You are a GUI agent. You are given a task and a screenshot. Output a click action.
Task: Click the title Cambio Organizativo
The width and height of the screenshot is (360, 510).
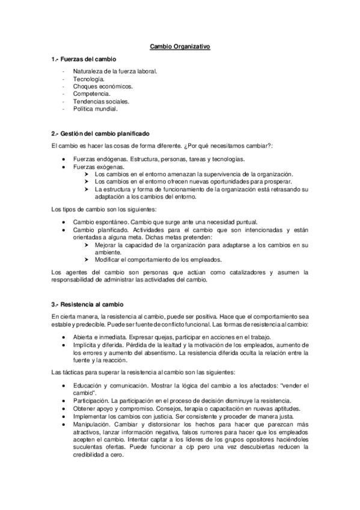pos(180,46)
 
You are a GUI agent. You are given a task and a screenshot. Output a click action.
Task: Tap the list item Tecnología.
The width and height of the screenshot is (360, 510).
pos(88,79)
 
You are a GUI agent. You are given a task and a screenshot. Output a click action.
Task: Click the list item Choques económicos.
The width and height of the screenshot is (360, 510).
pos(103,87)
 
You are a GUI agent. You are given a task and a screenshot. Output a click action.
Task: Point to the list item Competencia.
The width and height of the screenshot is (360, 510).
pos(91,94)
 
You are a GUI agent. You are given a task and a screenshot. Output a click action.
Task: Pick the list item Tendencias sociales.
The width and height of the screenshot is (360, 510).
pos(101,102)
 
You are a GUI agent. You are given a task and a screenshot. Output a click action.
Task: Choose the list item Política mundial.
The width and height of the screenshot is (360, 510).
pos(96,109)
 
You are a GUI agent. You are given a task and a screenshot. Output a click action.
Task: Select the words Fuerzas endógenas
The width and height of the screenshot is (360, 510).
pos(100,159)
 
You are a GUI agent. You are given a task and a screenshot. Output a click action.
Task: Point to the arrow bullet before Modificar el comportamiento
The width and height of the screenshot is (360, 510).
pos(88,260)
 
